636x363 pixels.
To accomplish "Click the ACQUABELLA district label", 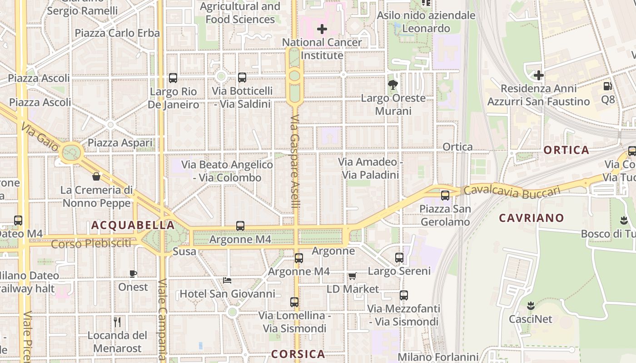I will click(x=133, y=225).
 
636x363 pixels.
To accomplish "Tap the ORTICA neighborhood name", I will click(x=566, y=150).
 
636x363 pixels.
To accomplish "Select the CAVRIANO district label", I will click(x=531, y=218).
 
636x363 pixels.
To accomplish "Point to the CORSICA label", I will click(x=298, y=354).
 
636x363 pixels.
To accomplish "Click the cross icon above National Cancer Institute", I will click(x=322, y=29).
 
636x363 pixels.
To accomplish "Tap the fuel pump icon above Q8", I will click(x=607, y=86).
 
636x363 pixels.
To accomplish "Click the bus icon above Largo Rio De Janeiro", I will click(x=173, y=78).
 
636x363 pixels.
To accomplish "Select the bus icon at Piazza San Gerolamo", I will click(x=445, y=196).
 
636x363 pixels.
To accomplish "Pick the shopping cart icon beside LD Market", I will click(x=352, y=276).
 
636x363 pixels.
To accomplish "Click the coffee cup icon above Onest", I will click(x=133, y=274).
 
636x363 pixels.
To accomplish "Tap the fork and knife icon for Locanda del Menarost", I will click(x=117, y=322).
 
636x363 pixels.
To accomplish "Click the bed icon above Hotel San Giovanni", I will click(x=227, y=280).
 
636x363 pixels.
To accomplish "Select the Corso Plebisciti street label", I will click(x=91, y=244).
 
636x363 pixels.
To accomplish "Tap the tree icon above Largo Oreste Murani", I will click(x=393, y=84).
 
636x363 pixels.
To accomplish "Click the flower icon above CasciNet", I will click(x=531, y=305).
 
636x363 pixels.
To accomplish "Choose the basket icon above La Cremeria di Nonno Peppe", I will click(x=96, y=176).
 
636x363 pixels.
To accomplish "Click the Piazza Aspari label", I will click(x=120, y=142).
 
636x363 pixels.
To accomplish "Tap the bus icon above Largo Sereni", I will click(x=399, y=258).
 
